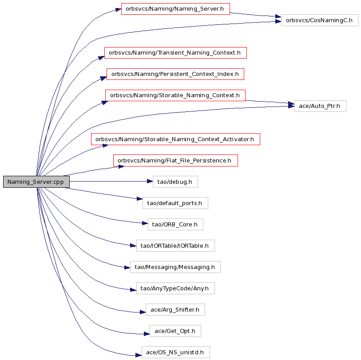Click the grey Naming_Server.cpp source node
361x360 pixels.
point(36,182)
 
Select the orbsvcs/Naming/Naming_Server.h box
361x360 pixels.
point(175,9)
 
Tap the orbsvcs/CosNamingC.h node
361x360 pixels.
point(320,20)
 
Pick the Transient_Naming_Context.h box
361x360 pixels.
point(175,53)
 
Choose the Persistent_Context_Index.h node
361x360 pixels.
point(175,74)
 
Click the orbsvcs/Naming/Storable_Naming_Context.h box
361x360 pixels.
point(175,95)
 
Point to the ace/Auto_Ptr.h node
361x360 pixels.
point(320,106)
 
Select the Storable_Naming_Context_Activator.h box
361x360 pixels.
point(175,139)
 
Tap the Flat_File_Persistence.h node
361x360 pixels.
point(175,160)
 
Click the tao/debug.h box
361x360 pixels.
point(175,182)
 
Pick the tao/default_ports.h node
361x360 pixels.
point(175,203)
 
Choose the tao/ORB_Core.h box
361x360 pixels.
point(175,225)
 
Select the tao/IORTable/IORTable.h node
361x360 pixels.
point(175,245)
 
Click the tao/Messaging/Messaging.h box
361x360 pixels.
point(175,267)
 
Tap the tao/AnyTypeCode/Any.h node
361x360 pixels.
point(175,289)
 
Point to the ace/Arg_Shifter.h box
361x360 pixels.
point(175,309)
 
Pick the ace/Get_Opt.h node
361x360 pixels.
point(175,331)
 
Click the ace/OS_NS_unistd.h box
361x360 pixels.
point(176,352)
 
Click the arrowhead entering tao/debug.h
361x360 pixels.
point(150,182)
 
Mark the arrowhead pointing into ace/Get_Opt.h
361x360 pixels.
point(147,334)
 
